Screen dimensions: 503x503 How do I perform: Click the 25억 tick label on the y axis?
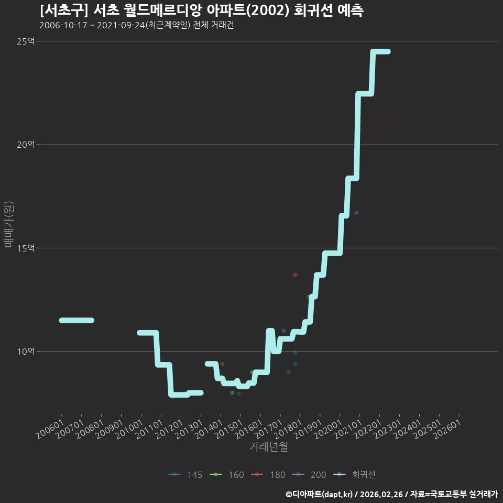tap(26, 41)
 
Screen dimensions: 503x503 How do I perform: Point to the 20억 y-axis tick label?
tap(26, 145)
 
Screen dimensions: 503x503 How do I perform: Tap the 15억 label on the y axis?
tap(26, 248)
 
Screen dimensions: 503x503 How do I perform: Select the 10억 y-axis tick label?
tap(26, 351)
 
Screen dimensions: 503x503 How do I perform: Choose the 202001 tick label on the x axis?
tap(328, 429)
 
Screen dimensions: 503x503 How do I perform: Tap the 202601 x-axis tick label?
tap(447, 429)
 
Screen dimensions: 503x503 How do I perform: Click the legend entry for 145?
tap(185, 475)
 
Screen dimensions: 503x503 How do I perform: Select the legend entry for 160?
tap(227, 475)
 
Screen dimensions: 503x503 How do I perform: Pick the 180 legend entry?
tap(268, 475)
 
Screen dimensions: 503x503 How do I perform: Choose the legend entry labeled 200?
tap(309, 475)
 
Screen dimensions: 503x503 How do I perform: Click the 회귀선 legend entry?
tap(355, 475)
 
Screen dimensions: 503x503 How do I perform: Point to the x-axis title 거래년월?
tap(268, 446)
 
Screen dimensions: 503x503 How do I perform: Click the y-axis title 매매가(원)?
tap(8, 225)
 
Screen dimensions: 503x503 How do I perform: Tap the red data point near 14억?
tap(295, 275)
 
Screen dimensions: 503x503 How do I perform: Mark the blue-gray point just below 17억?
tap(356, 213)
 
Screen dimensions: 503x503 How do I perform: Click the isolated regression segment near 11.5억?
tap(76, 320)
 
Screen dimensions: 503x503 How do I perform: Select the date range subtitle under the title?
tap(137, 25)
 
